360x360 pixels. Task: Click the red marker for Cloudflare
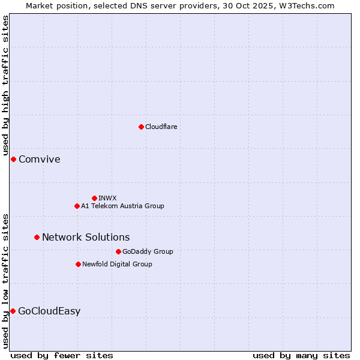141,127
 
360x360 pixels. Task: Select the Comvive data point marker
13,159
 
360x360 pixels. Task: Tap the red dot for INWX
94,198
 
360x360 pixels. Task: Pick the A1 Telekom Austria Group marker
77,206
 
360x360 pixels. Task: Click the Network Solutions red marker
37,237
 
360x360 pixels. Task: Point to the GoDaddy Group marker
118,251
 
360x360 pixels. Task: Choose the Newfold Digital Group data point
78,264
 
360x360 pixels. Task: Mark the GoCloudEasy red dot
13,311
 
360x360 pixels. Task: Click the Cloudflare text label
161,127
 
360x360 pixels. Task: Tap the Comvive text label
40,159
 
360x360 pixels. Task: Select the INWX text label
107,198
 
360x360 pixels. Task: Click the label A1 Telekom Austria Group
122,206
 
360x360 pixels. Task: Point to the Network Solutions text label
86,237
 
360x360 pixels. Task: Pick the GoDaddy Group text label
148,251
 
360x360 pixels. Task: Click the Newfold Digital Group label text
117,264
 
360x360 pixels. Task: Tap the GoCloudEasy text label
49,311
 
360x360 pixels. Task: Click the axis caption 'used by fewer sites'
62,355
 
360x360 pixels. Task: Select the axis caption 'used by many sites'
301,355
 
